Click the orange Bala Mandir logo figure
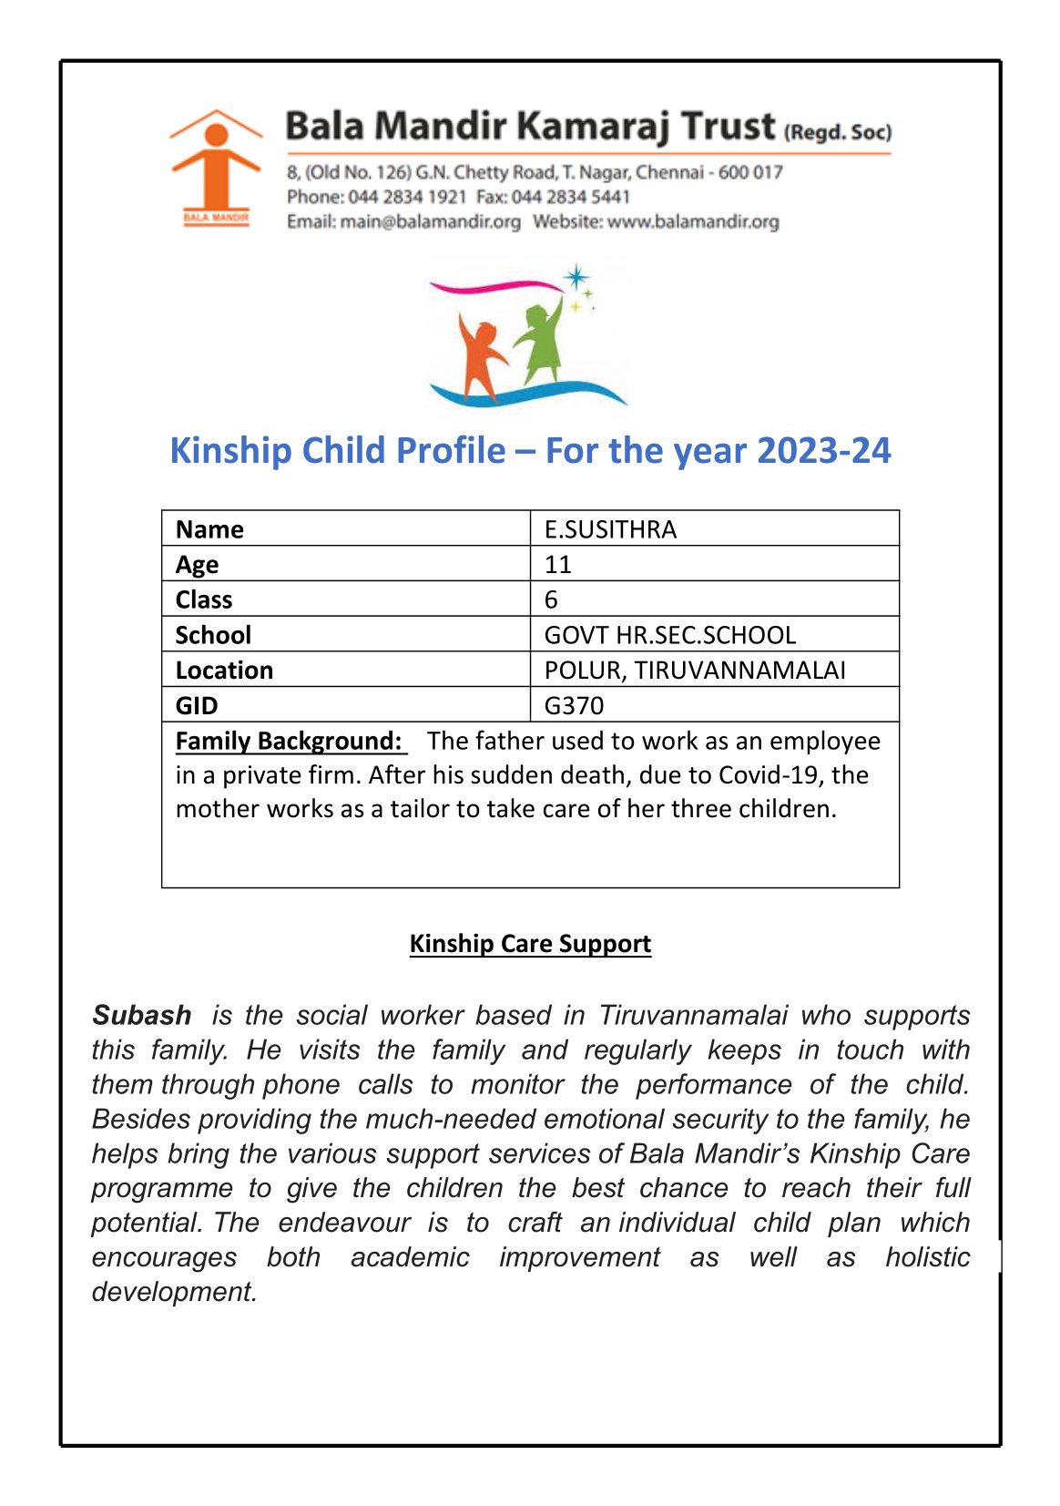click(216, 164)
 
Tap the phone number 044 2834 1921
click(407, 197)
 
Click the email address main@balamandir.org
click(430, 221)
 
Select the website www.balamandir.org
click(692, 221)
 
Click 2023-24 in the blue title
click(823, 451)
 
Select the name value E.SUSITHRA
click(610, 529)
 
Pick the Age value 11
click(557, 565)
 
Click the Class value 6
click(551, 599)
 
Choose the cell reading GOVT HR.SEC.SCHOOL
click(669, 635)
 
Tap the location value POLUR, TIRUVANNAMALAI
click(694, 671)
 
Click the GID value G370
click(574, 705)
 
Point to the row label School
click(213, 635)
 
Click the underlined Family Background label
click(289, 741)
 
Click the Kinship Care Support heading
click(530, 943)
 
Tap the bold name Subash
click(142, 1015)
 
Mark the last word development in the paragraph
click(173, 1292)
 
